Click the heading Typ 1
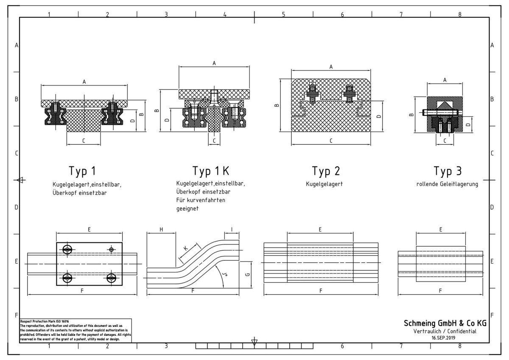(82, 171)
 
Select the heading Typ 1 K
(211, 171)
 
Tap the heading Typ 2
(326, 171)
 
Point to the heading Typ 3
(447, 171)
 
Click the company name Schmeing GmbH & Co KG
(445, 323)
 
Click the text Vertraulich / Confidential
(445, 331)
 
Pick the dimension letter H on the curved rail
(161, 229)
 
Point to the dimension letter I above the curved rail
(232, 229)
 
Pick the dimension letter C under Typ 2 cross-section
(331, 141)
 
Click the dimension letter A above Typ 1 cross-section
(84, 82)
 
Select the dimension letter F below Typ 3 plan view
(440, 291)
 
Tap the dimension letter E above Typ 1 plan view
(89, 229)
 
